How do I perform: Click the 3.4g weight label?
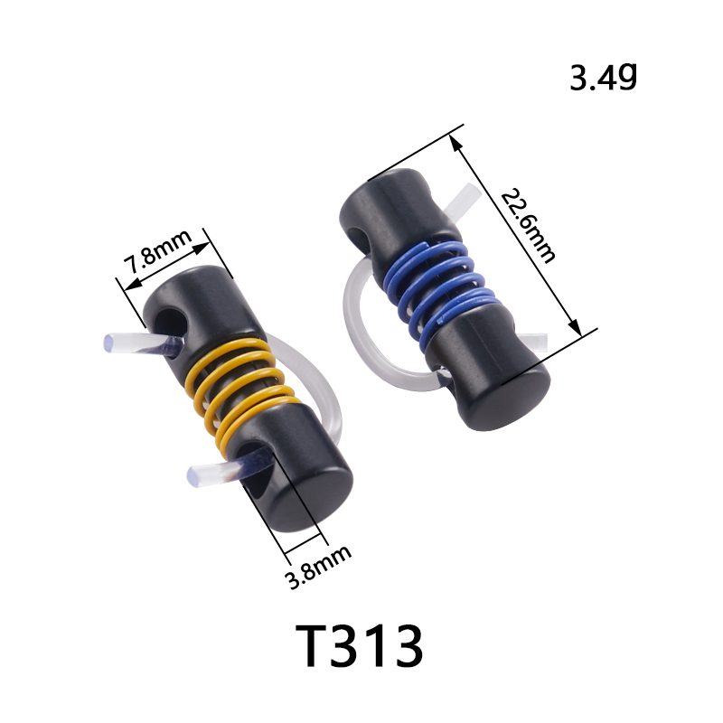tap(603, 77)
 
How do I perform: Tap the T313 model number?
tap(359, 645)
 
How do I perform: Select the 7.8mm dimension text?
tap(157, 252)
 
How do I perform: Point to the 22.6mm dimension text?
tap(528, 225)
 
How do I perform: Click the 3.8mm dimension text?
tap(319, 568)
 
